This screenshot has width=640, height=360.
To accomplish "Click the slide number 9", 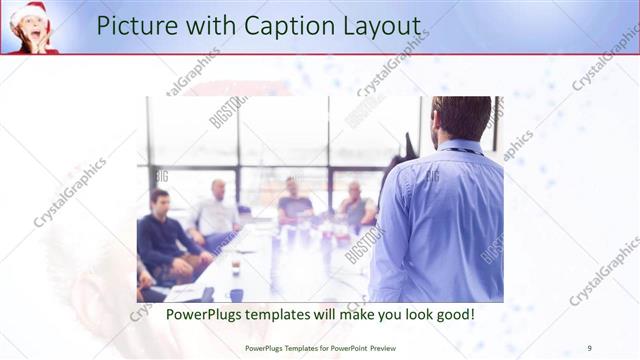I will click(589, 348).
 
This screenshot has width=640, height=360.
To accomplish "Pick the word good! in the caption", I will click(452, 314).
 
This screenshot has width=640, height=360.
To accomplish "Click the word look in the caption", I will click(410, 314).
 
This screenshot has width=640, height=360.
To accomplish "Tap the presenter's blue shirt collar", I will click(462, 148).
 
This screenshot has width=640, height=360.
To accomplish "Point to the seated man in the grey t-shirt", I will click(294, 204).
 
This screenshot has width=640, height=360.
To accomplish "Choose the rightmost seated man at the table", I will click(355, 205).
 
